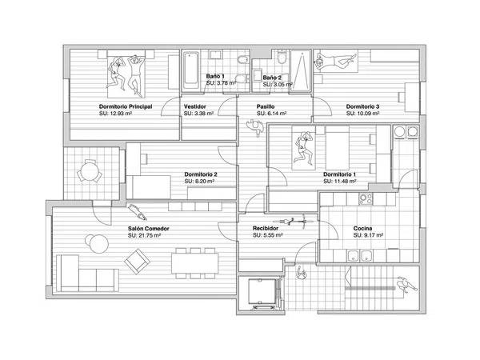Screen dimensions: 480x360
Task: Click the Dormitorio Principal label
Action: (x=126, y=106)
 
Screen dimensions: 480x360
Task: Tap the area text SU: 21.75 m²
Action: (x=144, y=235)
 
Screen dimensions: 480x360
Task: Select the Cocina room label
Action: (x=362, y=228)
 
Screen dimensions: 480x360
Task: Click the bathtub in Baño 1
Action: (x=191, y=70)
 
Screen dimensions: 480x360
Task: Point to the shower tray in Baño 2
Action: (x=301, y=71)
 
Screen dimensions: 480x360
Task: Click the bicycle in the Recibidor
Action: (x=294, y=222)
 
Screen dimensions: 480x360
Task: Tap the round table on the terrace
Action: (x=90, y=171)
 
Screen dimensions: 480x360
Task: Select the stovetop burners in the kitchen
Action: (x=366, y=199)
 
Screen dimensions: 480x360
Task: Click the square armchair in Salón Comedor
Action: (x=137, y=262)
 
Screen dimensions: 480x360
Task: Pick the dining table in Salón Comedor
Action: (x=195, y=263)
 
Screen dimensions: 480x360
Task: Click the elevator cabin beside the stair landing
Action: (x=262, y=293)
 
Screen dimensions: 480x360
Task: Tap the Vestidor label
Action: (x=195, y=106)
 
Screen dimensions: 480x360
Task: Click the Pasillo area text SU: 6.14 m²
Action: (x=271, y=114)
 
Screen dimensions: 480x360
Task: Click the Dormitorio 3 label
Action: (x=362, y=106)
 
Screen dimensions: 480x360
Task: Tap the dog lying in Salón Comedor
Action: (x=138, y=212)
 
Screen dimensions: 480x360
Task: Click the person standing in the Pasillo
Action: (x=255, y=126)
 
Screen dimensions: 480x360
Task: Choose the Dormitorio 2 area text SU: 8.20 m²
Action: (x=199, y=182)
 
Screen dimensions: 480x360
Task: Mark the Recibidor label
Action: (x=266, y=228)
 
